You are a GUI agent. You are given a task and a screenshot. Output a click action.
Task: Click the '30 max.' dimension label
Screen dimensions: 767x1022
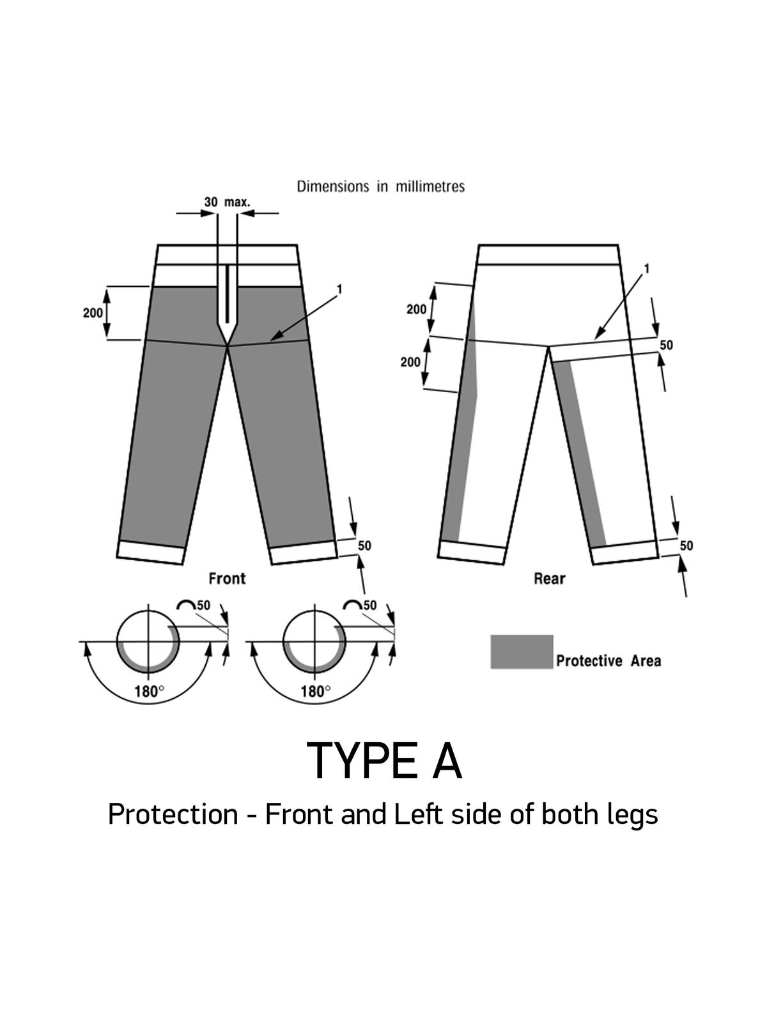[x=227, y=202]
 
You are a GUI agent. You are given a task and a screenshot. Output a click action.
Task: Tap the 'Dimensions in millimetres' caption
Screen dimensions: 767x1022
[x=381, y=187]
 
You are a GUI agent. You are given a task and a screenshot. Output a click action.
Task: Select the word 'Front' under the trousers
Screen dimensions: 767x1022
[x=227, y=579]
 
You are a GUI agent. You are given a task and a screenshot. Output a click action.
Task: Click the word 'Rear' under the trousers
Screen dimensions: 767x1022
[x=550, y=579]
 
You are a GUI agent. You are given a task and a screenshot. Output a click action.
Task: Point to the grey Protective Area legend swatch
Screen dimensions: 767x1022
[x=522, y=652]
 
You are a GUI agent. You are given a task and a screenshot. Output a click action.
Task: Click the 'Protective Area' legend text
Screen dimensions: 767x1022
[x=608, y=660]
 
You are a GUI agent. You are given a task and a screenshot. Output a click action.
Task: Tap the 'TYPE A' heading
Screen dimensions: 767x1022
[x=384, y=761]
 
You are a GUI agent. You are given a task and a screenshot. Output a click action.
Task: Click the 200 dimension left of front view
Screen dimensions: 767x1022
[x=93, y=313]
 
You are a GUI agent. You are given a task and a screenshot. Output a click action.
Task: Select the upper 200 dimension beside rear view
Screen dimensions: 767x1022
[x=416, y=309]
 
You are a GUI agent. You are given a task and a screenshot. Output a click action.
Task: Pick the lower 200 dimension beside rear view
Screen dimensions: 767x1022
[x=410, y=362]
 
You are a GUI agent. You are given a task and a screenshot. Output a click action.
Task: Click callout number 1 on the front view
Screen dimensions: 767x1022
[x=339, y=289]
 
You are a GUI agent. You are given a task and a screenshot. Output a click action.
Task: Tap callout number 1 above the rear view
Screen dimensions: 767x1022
[x=646, y=269]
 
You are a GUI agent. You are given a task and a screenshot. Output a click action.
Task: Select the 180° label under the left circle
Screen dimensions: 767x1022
[x=149, y=691]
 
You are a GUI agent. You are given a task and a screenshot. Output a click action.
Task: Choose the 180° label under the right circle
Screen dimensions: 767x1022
[x=315, y=691]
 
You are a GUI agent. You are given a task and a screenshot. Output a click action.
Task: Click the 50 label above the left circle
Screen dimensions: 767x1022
[x=203, y=606]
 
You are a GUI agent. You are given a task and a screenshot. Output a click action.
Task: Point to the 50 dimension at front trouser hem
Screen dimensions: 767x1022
[x=364, y=545]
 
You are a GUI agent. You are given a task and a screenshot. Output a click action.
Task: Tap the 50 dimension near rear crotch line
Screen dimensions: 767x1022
[x=667, y=345]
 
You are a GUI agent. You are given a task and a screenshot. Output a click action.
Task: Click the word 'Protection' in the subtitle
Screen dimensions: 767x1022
[x=173, y=814]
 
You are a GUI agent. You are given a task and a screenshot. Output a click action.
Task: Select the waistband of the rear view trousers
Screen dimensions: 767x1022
[x=548, y=255]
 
